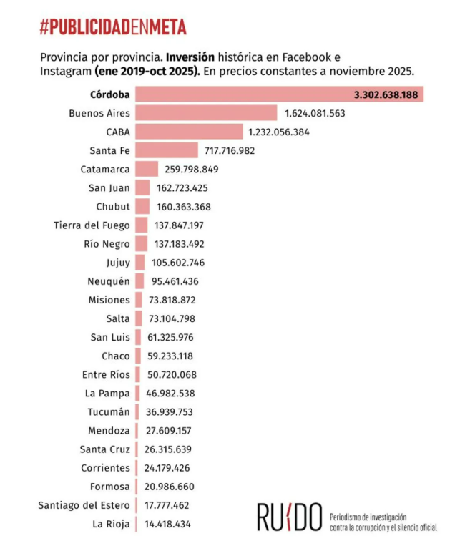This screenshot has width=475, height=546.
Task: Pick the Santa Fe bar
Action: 166,150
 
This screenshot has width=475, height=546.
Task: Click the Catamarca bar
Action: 147,169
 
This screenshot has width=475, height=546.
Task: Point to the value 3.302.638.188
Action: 386,94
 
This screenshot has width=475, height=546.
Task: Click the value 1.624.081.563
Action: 315,113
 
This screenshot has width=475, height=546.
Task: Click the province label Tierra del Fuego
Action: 92,225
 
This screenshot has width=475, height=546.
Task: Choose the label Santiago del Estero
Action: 84,506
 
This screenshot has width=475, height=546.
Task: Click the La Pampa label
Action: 107,394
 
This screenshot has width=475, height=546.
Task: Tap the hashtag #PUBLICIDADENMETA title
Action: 114,27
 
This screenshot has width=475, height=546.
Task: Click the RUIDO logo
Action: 290,517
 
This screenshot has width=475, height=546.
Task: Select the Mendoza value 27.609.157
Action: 165,431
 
